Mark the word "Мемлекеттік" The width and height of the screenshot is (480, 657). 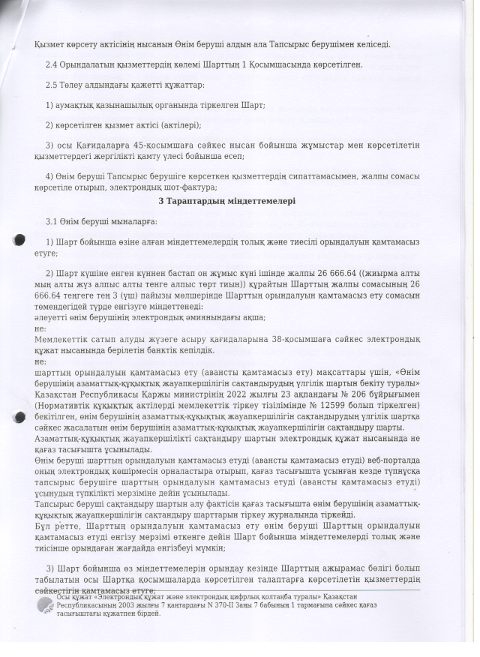[x=63, y=340]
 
